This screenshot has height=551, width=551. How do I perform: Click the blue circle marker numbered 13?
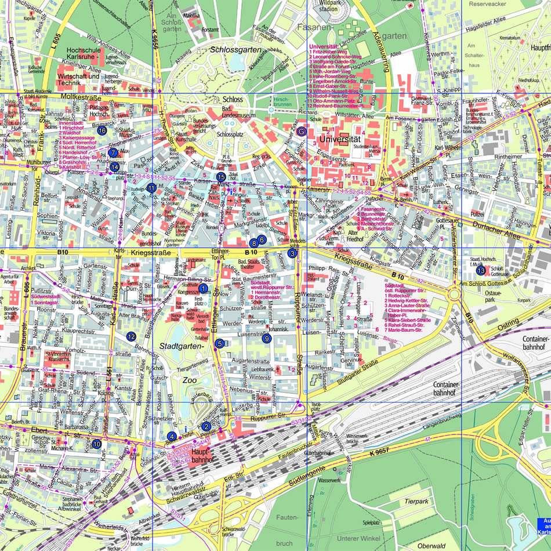(x=480, y=270)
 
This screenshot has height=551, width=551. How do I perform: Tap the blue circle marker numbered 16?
(x=102, y=130)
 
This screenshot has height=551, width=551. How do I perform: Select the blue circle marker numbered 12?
(x=131, y=336)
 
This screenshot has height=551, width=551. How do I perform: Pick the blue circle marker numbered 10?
(x=96, y=444)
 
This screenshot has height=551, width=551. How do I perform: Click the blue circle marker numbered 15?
(x=220, y=176)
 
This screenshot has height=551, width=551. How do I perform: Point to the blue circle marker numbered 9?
(x=266, y=339)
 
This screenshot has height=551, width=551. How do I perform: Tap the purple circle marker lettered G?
(x=301, y=132)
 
